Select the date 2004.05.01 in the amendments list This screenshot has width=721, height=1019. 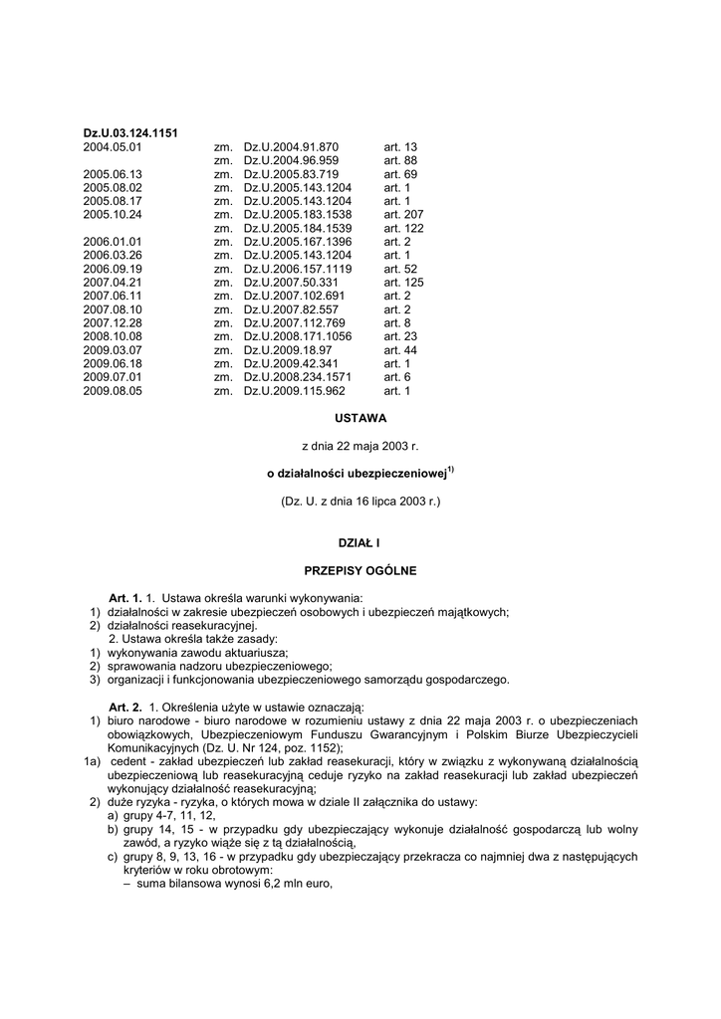pos(113,146)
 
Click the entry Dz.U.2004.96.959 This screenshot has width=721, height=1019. pos(291,160)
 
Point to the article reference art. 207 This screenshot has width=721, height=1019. pos(403,214)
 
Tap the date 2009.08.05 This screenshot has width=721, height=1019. pos(113,391)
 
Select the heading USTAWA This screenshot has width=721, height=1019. pos(360,419)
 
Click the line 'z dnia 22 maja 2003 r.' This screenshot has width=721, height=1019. pos(360,447)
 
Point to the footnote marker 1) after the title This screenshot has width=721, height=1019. pos(451,471)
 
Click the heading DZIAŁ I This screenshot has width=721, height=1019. pos(360,543)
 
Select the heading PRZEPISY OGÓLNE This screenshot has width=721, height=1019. pos(360,571)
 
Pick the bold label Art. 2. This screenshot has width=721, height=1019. pos(125,705)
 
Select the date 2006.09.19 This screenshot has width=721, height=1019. pos(113,269)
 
